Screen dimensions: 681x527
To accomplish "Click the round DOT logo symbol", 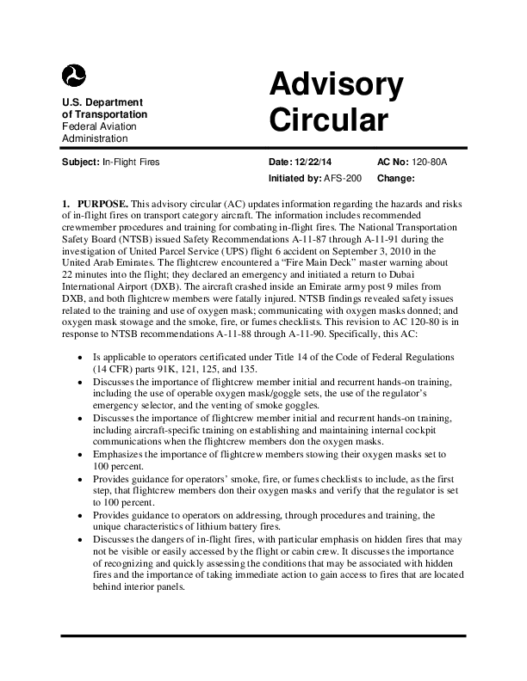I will coord(75,76).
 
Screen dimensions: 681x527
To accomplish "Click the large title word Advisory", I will coord(336,85).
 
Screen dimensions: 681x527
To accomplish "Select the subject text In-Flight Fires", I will coord(131,161).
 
